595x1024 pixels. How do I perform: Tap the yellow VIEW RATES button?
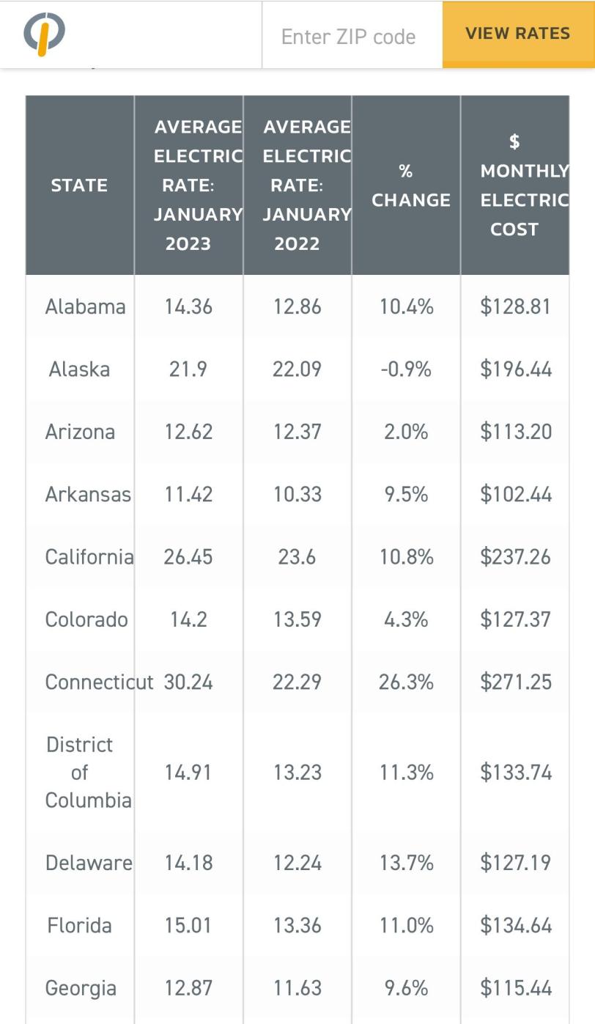click(517, 34)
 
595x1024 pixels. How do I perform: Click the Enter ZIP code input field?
click(349, 37)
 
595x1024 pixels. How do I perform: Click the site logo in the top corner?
click(45, 34)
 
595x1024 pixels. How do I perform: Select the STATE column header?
click(79, 185)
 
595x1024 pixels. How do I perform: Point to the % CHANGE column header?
click(407, 185)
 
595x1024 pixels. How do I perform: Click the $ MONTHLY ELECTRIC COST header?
click(515, 185)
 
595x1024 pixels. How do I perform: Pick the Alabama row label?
click(85, 306)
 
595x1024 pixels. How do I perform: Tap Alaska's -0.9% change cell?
click(406, 369)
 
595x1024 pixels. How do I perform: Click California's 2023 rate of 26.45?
click(188, 557)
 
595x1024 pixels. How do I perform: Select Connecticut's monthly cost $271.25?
click(516, 682)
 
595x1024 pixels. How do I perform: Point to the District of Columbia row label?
click(81, 773)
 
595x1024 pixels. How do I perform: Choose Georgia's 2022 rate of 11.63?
click(297, 988)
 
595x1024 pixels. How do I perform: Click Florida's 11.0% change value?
click(406, 925)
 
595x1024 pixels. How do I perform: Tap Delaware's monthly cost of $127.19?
click(516, 863)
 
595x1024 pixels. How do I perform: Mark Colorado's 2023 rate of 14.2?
click(188, 619)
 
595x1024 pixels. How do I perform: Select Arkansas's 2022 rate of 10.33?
click(297, 494)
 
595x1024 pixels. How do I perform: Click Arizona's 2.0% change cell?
click(406, 432)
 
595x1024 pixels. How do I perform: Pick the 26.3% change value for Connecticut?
click(406, 682)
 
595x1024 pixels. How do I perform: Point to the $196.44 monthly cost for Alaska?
click(516, 369)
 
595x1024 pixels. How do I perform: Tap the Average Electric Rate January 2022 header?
click(297, 185)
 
